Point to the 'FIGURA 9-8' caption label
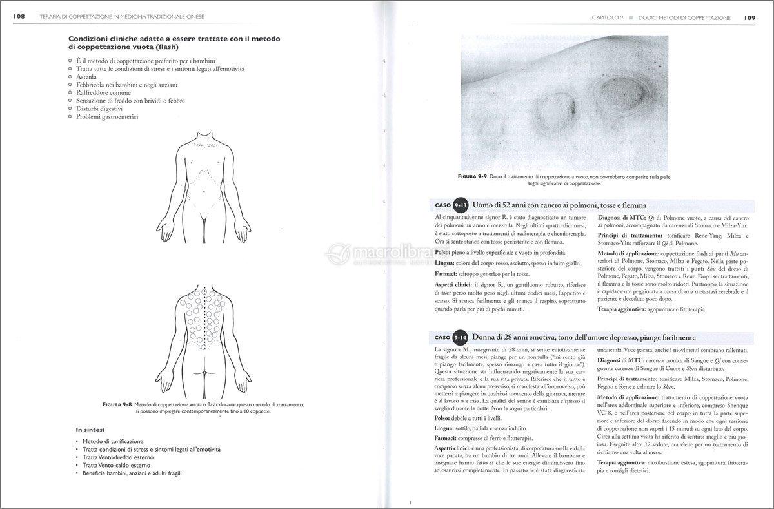coord(117,404)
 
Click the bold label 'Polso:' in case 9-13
coord(443,251)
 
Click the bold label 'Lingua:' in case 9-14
coord(445,428)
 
